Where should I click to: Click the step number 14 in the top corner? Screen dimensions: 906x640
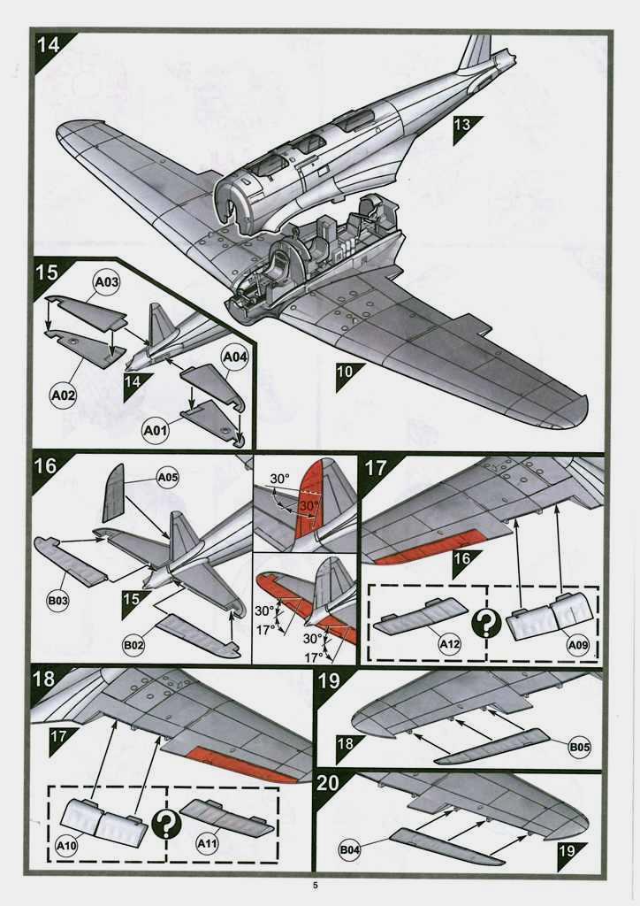point(49,45)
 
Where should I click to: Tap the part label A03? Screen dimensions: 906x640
point(105,283)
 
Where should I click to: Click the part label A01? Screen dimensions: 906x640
point(155,431)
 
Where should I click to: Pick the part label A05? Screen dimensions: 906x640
point(167,478)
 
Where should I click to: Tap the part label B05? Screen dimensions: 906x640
point(579,748)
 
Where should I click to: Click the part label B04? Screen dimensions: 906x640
point(350,851)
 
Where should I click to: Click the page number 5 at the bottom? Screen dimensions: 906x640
point(316,887)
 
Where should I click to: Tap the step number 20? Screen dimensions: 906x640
point(328,782)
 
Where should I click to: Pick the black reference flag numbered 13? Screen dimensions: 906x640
point(462,126)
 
